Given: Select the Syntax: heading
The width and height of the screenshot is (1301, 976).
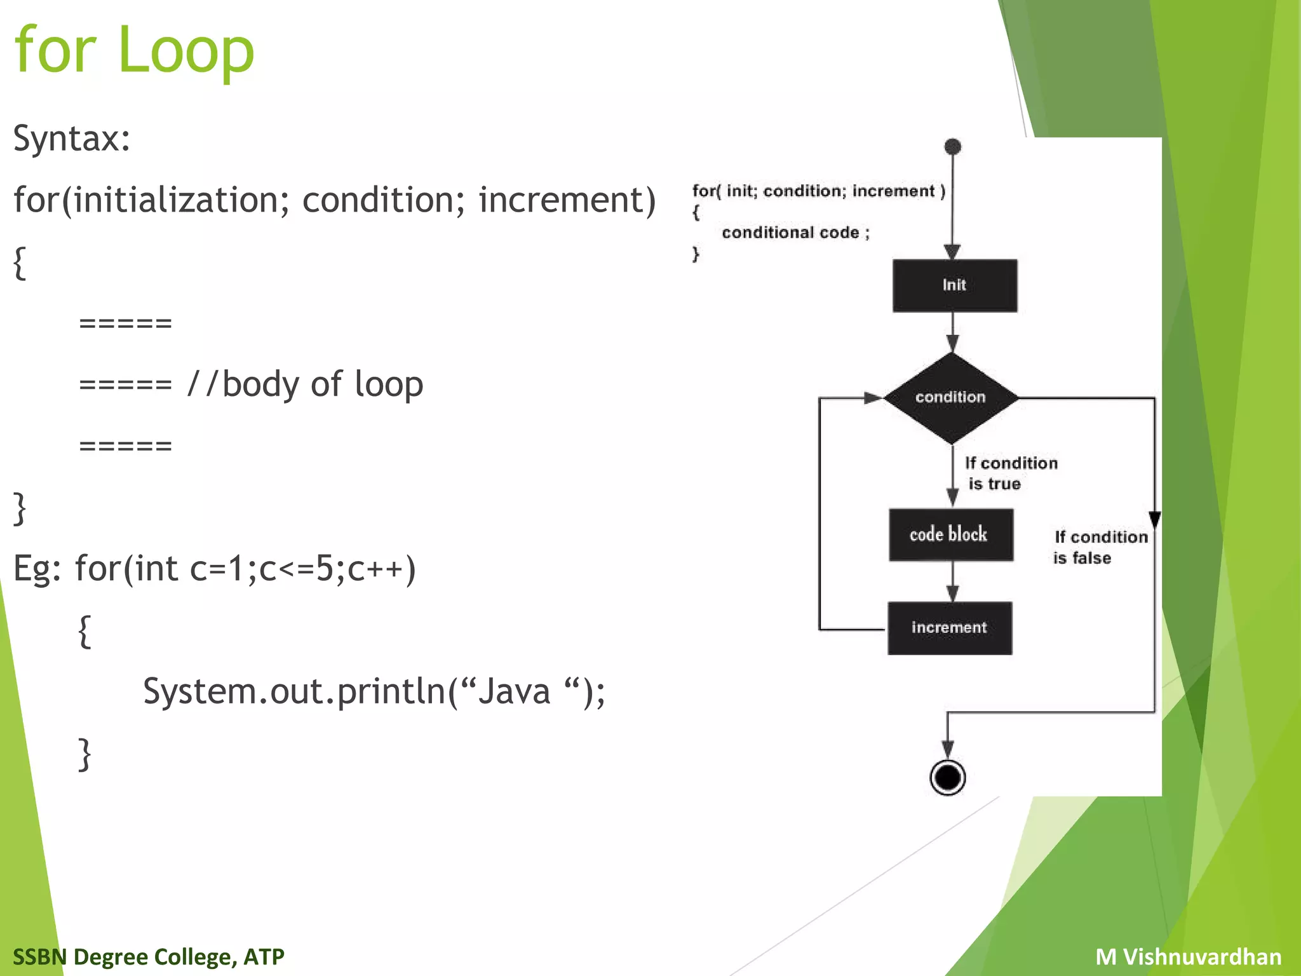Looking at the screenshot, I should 72,138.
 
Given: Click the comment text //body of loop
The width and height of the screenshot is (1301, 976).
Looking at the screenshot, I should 305,384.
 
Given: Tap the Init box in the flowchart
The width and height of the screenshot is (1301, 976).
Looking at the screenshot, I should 954,285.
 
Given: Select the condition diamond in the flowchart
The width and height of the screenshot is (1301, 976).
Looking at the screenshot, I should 950,398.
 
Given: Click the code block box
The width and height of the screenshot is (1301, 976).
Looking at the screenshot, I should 950,534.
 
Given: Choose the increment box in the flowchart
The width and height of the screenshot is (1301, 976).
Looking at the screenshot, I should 949,628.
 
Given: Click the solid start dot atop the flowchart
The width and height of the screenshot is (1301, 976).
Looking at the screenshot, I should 952,147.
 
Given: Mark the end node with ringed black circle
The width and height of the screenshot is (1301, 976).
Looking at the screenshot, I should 947,777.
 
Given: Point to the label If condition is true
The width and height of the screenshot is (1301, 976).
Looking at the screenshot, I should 1010,473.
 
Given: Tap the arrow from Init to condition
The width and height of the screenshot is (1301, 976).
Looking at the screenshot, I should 952,333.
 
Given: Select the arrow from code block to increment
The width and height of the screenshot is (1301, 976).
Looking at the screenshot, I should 952,582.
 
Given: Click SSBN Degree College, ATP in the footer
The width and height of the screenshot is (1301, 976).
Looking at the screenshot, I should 149,956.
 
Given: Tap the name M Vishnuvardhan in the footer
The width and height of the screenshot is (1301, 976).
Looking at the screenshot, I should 1188,956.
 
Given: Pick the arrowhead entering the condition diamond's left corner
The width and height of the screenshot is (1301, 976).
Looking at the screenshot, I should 873,398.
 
